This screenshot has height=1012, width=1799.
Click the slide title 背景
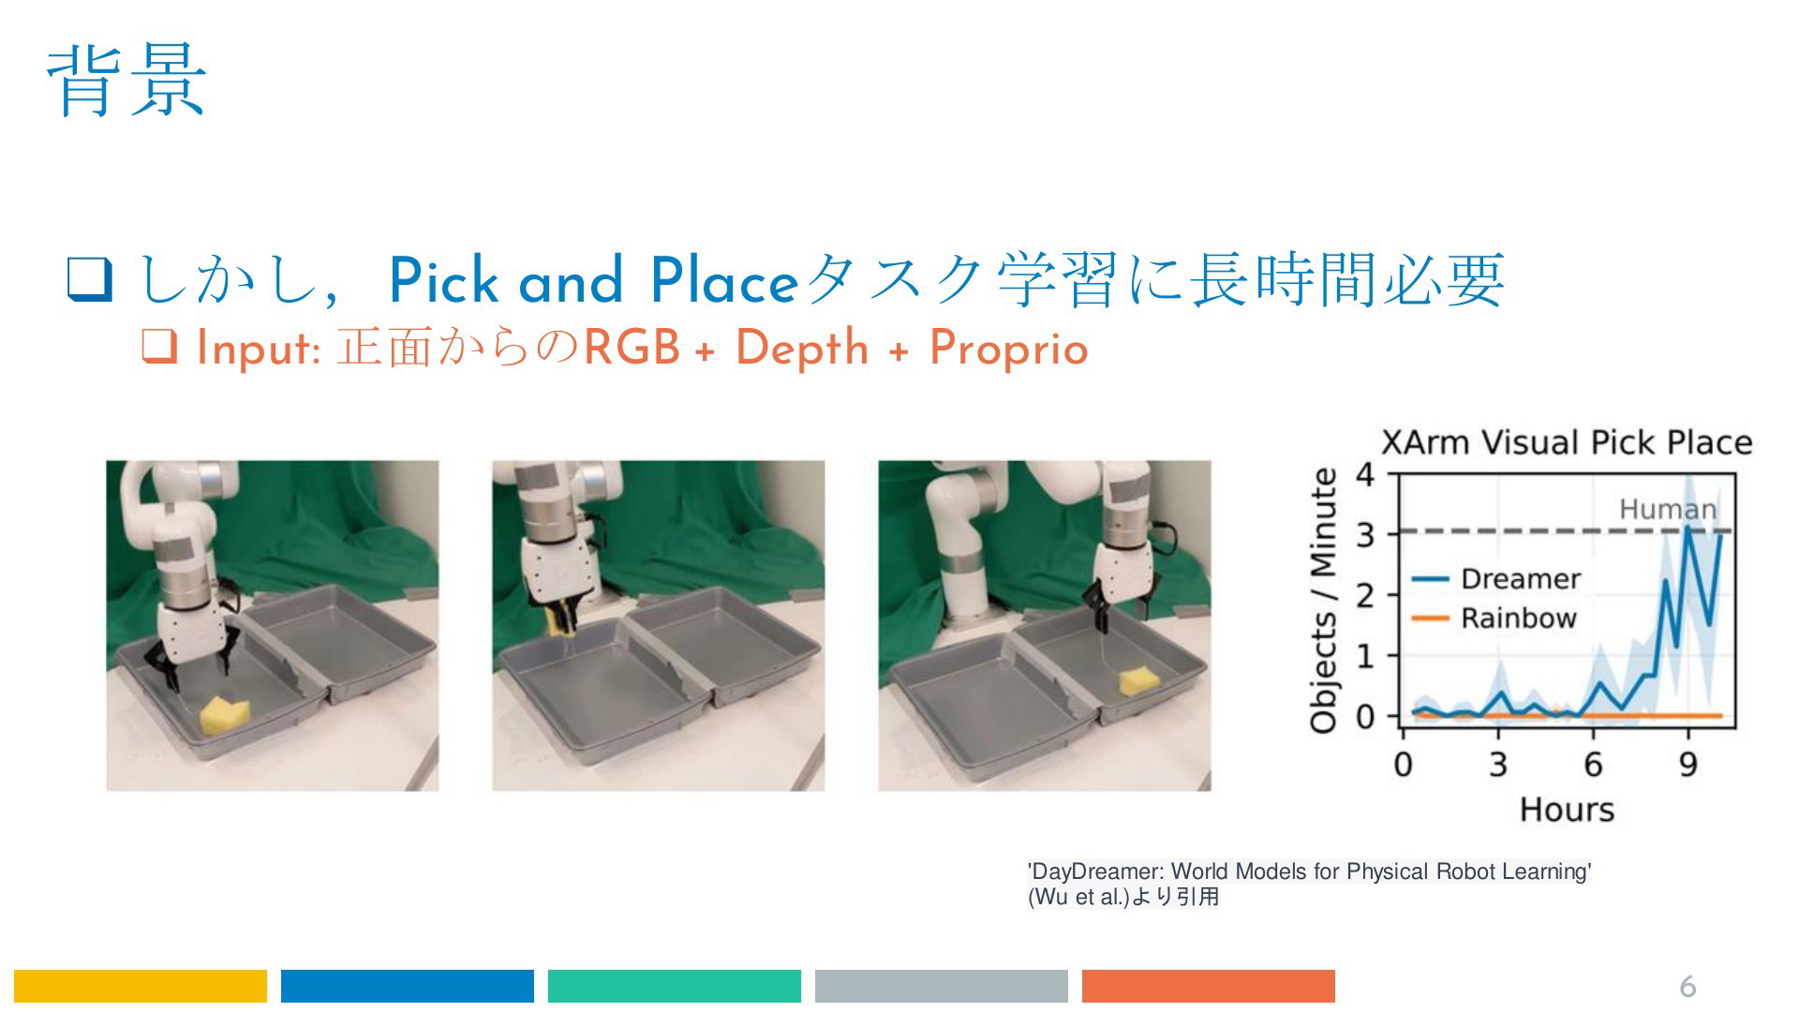point(126,82)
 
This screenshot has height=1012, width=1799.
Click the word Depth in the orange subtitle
point(802,349)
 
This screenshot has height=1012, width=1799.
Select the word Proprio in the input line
point(1008,349)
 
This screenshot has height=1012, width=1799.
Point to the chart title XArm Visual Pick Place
point(1567,442)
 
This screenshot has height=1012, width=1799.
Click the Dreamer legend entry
point(1495,579)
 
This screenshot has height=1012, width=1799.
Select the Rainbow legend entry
point(1494,618)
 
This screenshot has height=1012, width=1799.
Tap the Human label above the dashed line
point(1668,510)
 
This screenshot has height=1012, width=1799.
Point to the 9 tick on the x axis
point(1688,766)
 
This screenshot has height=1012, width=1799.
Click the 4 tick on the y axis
point(1365,474)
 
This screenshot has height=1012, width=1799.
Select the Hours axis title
point(1567,810)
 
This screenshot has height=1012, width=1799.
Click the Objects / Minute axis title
point(1323,601)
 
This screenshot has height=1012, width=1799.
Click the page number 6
point(1687,986)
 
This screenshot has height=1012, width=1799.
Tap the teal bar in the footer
point(675,986)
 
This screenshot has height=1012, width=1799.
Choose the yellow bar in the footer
point(141,986)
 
